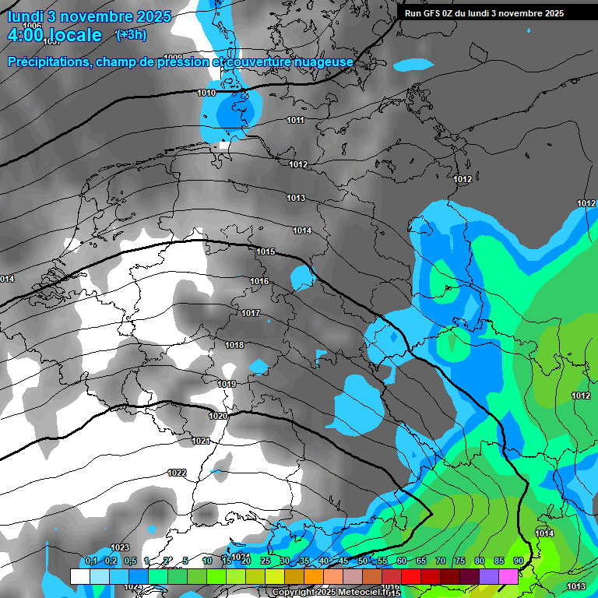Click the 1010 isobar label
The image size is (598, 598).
click(206, 93)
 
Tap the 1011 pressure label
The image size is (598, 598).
click(295, 120)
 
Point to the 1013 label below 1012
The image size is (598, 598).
click(295, 198)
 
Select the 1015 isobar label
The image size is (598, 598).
click(266, 252)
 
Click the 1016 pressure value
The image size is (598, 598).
click(259, 281)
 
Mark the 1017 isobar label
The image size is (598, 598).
click(250, 313)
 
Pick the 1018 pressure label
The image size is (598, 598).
click(234, 345)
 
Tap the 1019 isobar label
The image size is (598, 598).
click(227, 384)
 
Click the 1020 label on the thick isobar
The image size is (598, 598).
click(218, 416)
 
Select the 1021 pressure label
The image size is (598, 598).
click(201, 441)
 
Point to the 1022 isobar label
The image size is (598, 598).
click(177, 473)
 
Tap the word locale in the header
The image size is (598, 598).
click(73, 35)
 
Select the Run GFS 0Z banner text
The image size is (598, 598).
click(484, 12)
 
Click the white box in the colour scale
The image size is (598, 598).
click(79, 576)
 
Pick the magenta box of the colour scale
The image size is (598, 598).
click(508, 576)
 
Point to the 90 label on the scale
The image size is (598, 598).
click(518, 561)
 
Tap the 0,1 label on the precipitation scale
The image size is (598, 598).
click(91, 561)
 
